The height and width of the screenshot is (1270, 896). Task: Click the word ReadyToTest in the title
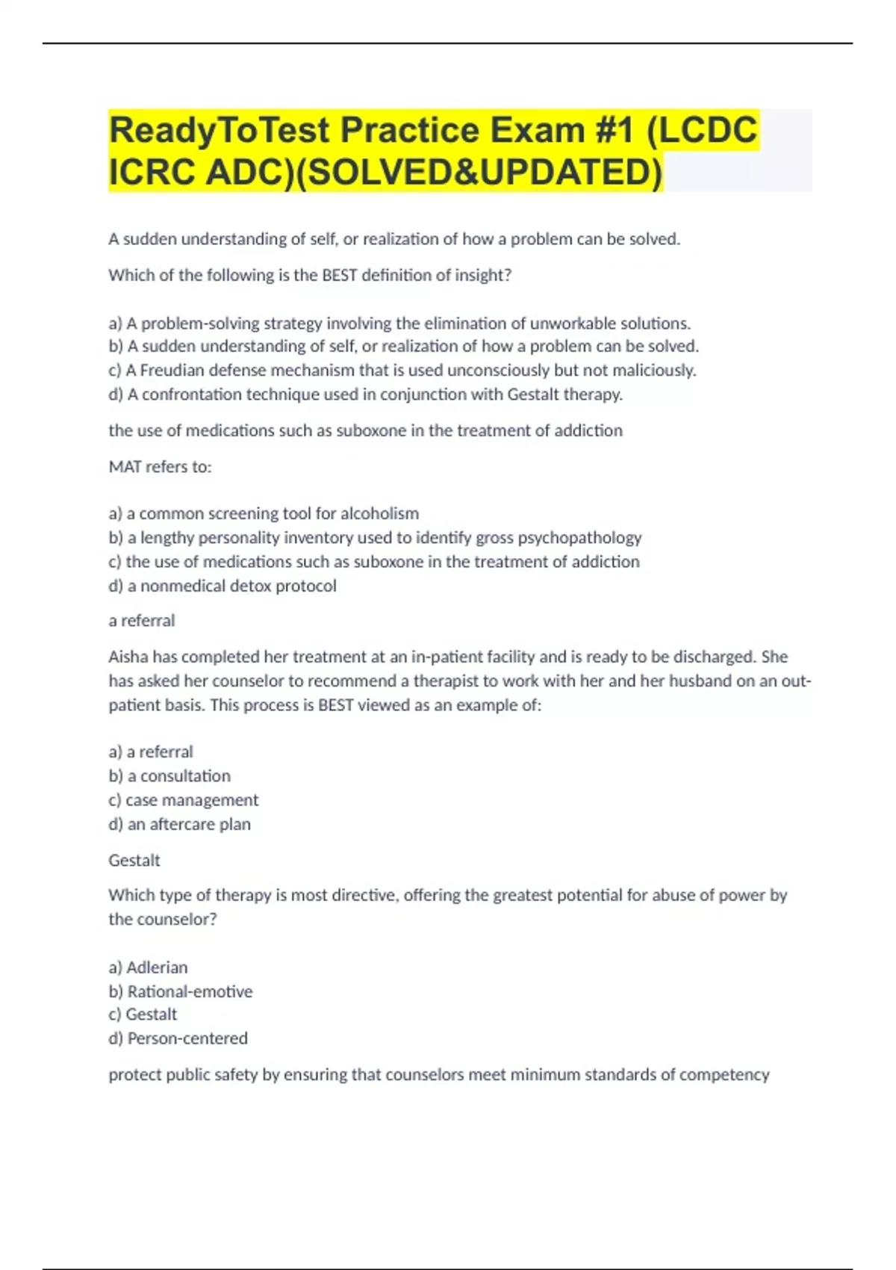(219, 130)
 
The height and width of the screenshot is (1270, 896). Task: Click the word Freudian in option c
(172, 371)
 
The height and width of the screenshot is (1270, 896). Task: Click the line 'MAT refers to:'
(160, 467)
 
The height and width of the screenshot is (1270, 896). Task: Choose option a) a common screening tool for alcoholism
(264, 514)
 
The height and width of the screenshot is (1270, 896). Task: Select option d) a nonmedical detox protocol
(223, 586)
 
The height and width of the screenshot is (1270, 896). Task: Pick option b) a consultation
(169, 776)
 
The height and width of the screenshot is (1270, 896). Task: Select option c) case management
(184, 800)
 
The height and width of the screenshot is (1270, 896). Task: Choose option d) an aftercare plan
(179, 824)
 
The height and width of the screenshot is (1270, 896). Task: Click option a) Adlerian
(148, 967)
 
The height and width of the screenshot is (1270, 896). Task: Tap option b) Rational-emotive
(181, 991)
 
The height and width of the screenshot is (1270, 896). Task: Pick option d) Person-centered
(178, 1038)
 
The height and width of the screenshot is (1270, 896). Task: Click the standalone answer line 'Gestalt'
(134, 861)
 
